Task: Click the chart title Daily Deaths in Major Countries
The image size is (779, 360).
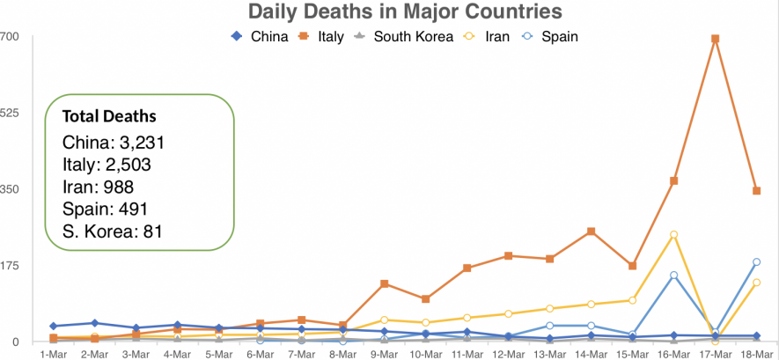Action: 405,11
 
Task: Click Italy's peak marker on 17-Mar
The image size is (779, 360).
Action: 716,40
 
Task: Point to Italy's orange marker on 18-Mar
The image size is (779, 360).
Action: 757,191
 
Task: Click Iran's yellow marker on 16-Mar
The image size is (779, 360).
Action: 674,235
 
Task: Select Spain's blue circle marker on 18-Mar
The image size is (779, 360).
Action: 757,262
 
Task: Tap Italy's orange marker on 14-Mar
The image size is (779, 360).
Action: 592,231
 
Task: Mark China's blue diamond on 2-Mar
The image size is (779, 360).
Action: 95,323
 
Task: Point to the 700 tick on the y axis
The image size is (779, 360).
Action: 10,36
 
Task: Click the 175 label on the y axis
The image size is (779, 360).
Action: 10,265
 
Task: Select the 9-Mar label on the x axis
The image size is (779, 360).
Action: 385,354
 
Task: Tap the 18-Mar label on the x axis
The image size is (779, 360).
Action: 757,354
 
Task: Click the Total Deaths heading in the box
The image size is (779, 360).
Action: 109,116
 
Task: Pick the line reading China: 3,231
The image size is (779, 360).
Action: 114,142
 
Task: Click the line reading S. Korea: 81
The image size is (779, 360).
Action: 113,232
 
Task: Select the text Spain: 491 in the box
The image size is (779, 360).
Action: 104,209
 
